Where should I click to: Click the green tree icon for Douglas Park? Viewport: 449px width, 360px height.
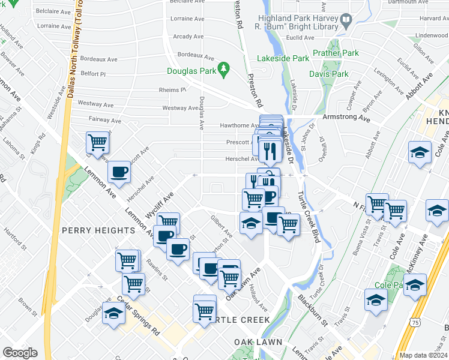point(224,70)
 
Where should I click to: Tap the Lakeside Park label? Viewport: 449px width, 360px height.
point(283,59)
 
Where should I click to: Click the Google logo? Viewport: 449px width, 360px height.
point(20,352)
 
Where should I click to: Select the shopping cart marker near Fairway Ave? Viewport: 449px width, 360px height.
point(97,143)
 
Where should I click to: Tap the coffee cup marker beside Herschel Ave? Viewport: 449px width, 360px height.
point(118,173)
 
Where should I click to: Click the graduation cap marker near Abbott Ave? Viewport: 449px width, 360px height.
point(420,152)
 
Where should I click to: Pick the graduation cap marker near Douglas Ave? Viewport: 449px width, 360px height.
point(112,313)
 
